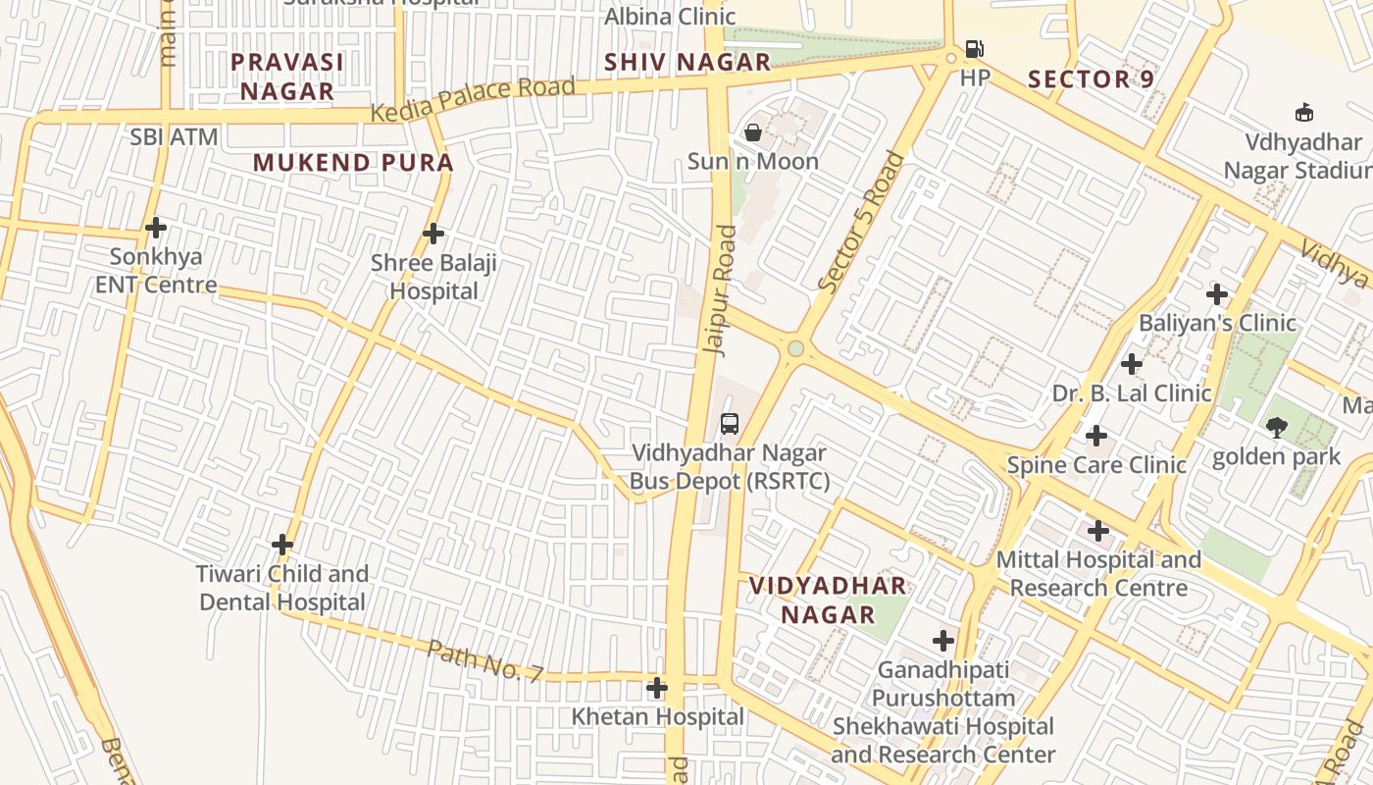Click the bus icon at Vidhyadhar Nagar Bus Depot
(730, 424)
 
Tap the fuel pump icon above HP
(974, 48)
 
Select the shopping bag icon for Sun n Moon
(753, 131)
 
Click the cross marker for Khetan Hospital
(657, 688)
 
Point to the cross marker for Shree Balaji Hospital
(433, 234)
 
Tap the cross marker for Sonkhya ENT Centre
(155, 228)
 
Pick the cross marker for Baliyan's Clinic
(1217, 293)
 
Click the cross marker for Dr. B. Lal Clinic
(1132, 364)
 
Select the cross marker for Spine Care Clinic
(1096, 436)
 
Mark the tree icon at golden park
(1276, 427)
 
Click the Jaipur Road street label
(720, 289)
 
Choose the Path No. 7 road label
(484, 660)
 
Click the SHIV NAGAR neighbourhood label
(687, 63)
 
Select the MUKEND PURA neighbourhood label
(353, 163)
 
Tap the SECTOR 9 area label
(1091, 79)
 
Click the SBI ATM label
(174, 137)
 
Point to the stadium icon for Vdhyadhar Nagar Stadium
(1304, 112)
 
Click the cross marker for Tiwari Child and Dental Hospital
(282, 545)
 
